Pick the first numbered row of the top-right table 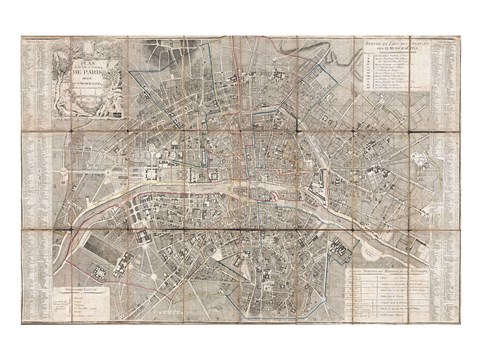(x=394, y=59)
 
